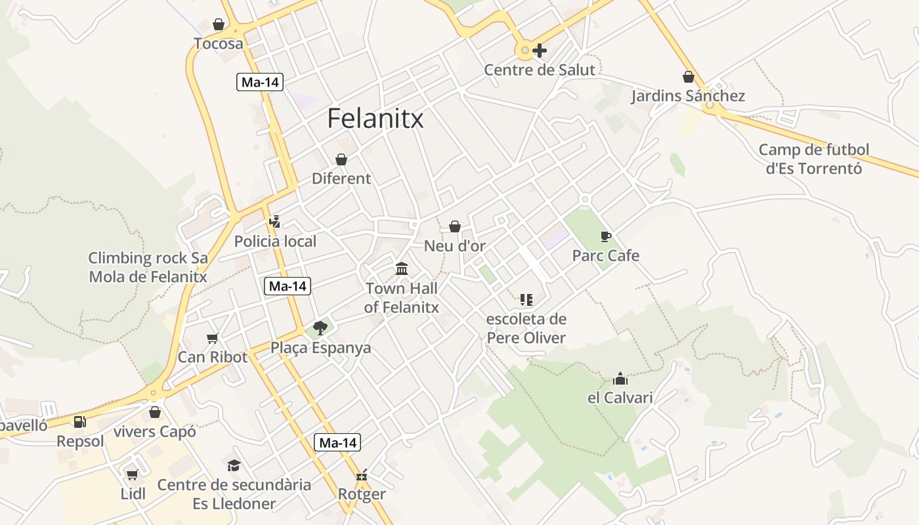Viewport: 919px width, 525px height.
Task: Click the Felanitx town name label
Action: pyautogui.click(x=375, y=119)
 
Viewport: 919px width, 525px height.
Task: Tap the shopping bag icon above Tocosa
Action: pyautogui.click(x=219, y=25)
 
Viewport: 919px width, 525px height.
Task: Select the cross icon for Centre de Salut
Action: pyautogui.click(x=540, y=50)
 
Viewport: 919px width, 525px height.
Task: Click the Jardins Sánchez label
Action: pyautogui.click(x=688, y=96)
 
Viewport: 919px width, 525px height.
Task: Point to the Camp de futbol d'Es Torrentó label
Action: pyautogui.click(x=813, y=159)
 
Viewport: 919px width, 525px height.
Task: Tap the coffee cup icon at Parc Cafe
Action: pyautogui.click(x=605, y=236)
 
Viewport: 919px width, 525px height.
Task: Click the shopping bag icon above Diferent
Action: pyautogui.click(x=341, y=159)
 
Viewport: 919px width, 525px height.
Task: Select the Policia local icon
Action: pyautogui.click(x=275, y=222)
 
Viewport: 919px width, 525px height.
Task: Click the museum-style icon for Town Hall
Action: pyautogui.click(x=402, y=268)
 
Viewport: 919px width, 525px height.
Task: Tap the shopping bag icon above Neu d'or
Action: pyautogui.click(x=454, y=226)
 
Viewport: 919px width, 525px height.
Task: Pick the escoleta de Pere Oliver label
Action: pyautogui.click(x=526, y=329)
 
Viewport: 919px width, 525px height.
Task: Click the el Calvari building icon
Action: pyautogui.click(x=620, y=379)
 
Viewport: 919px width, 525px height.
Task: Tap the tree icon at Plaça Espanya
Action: pyautogui.click(x=320, y=327)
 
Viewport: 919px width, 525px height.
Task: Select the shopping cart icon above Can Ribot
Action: pyautogui.click(x=212, y=338)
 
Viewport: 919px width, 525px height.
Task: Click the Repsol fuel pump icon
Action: pyautogui.click(x=79, y=422)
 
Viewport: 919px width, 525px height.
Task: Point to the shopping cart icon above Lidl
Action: pyautogui.click(x=133, y=474)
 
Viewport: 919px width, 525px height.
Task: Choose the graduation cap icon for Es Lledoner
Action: pyautogui.click(x=234, y=465)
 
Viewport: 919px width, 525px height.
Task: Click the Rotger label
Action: pyautogui.click(x=362, y=494)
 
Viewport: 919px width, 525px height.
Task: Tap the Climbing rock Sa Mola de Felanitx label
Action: pyautogui.click(x=148, y=267)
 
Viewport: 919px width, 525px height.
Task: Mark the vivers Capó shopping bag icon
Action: pyautogui.click(x=155, y=412)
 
